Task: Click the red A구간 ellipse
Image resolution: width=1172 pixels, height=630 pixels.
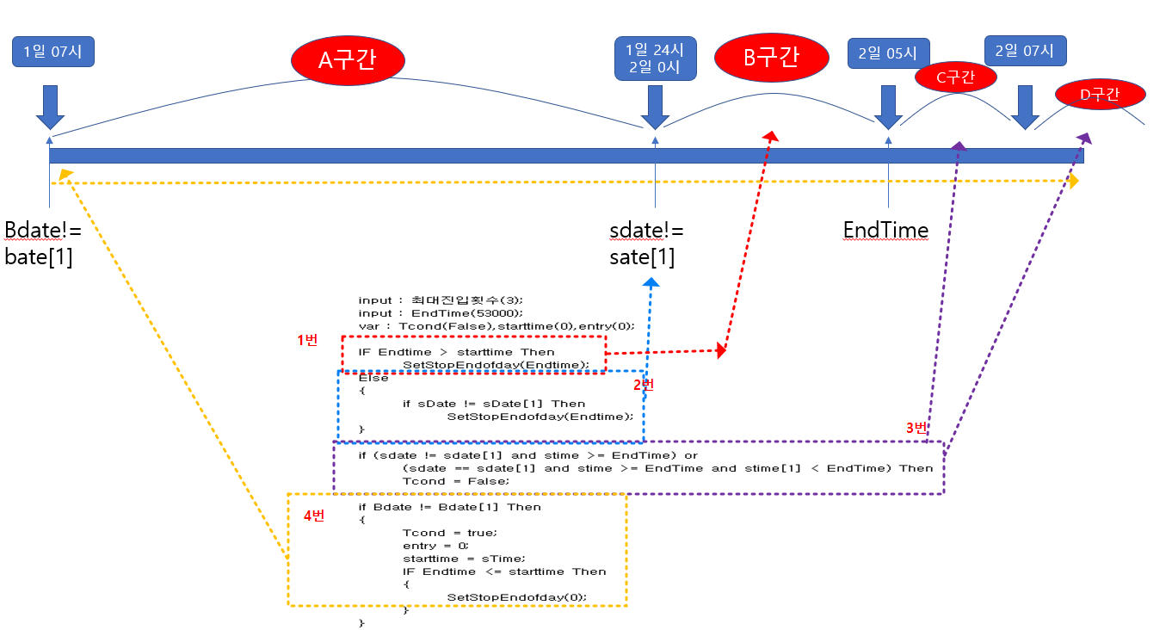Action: pos(349,59)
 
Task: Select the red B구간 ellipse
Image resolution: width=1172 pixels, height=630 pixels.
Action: pos(771,58)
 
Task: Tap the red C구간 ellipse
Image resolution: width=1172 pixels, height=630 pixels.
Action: pos(954,77)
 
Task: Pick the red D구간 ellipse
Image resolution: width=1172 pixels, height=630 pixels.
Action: pos(1100,95)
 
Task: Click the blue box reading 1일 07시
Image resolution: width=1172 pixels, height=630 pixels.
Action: pos(52,51)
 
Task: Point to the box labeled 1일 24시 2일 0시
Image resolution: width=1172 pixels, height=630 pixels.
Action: pos(656,59)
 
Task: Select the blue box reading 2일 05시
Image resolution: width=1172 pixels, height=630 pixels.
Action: pos(887,52)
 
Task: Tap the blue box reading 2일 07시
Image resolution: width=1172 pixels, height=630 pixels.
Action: pos(1024,50)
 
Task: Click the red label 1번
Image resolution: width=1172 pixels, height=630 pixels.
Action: pos(307,340)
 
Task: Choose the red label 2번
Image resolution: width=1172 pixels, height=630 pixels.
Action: pos(644,385)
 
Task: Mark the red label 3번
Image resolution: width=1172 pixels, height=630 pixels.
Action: pos(917,428)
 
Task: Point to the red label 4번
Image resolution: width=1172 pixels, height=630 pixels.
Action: pos(314,516)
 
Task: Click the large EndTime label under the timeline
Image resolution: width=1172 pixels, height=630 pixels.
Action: pos(885,230)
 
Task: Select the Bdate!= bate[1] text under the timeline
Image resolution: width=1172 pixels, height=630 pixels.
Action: pos(40,243)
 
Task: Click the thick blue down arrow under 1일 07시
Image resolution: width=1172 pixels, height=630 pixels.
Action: pos(49,107)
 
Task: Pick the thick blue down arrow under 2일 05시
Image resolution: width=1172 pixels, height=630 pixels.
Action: pos(887,107)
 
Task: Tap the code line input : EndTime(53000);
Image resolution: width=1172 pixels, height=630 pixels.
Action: pos(440,312)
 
